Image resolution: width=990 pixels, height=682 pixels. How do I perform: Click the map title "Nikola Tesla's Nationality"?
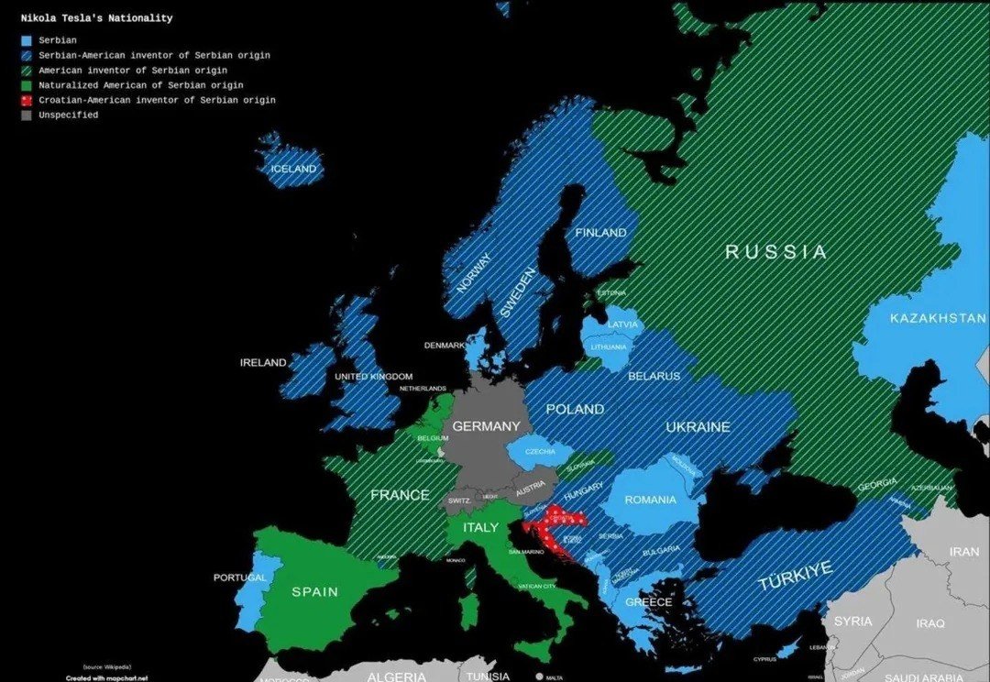(96, 18)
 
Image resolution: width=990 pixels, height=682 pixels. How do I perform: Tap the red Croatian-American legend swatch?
(27, 100)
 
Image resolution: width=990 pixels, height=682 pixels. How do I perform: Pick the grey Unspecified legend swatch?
(27, 115)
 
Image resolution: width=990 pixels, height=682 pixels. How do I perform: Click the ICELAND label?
(293, 170)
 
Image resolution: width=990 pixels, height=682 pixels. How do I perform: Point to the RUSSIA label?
(775, 251)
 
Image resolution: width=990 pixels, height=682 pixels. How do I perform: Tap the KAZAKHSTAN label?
(937, 319)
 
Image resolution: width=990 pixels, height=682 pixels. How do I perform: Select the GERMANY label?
(486, 426)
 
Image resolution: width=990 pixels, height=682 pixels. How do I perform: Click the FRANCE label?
(400, 495)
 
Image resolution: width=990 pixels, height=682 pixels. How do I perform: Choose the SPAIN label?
(314, 592)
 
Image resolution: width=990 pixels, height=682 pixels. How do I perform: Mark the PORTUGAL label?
(239, 578)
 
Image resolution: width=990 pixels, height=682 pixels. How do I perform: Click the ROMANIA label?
(650, 500)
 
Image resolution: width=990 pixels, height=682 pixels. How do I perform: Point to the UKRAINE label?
(698, 427)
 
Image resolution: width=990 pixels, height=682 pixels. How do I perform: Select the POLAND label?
(575, 410)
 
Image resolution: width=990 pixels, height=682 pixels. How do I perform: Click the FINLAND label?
(600, 234)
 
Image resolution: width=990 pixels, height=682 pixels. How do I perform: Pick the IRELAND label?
(263, 363)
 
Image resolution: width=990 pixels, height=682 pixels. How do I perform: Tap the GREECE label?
(648, 602)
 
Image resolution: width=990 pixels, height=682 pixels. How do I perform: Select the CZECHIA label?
(541, 452)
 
